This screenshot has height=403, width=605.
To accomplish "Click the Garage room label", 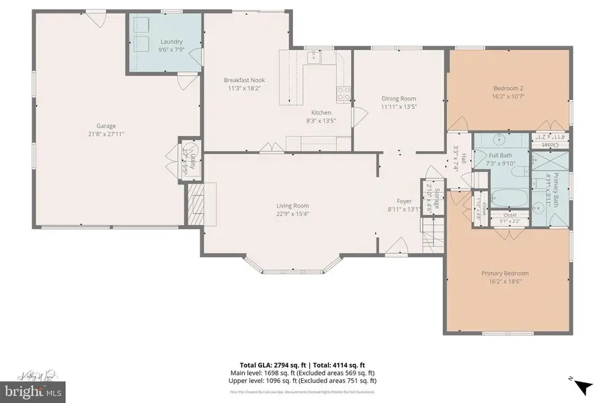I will (x=106, y=126).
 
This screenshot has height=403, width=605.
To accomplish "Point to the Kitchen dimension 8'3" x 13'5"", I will (x=321, y=121).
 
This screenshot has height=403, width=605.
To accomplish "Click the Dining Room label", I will (x=399, y=98).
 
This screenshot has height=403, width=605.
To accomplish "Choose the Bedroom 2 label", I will (x=508, y=88).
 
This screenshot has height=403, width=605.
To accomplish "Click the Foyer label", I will (x=404, y=201).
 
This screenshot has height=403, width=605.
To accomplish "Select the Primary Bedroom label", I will (x=505, y=273).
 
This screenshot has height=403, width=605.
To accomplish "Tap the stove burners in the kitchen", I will (x=344, y=93).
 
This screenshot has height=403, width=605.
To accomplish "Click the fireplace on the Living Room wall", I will (x=196, y=204).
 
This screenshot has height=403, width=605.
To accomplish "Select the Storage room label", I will (x=436, y=199).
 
